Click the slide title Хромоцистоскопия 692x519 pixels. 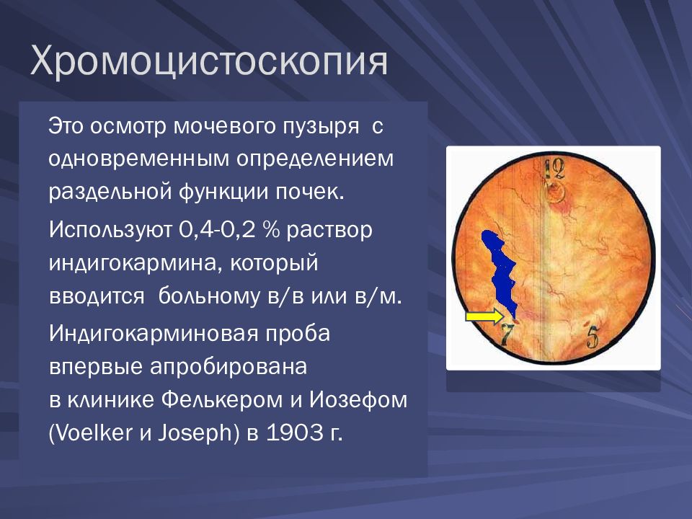[x=209, y=61]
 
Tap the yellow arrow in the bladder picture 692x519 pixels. [x=484, y=316]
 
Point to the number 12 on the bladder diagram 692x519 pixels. [x=554, y=168]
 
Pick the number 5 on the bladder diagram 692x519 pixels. [x=593, y=337]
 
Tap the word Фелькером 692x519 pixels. [x=222, y=401]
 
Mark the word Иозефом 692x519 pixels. [x=358, y=401]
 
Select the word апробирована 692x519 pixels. [x=229, y=368]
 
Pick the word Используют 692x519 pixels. [x=110, y=230]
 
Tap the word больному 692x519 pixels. [x=209, y=296]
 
